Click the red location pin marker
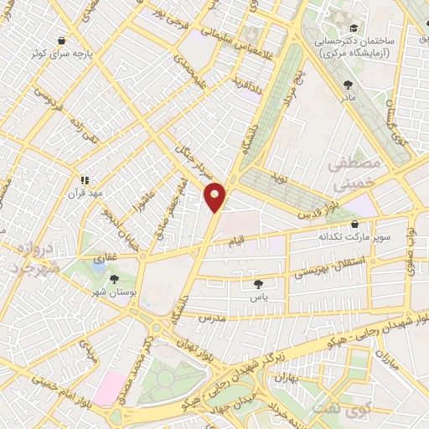click(x=215, y=196)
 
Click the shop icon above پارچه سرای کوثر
click(x=62, y=39)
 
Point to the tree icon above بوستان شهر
click(x=114, y=279)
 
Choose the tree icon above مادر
click(x=348, y=84)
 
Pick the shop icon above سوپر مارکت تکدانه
click(x=355, y=225)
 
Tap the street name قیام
click(x=237, y=242)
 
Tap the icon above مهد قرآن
click(x=84, y=178)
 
